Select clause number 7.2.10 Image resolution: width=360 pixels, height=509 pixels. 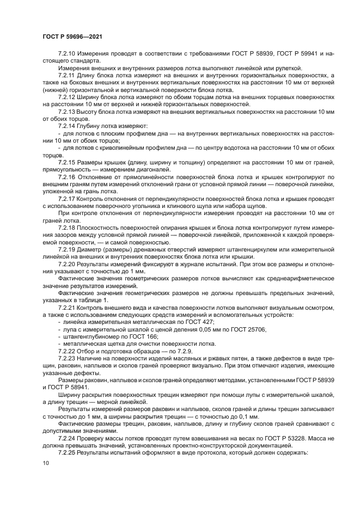(67, 53)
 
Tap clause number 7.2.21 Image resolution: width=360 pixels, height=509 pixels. (67, 307)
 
